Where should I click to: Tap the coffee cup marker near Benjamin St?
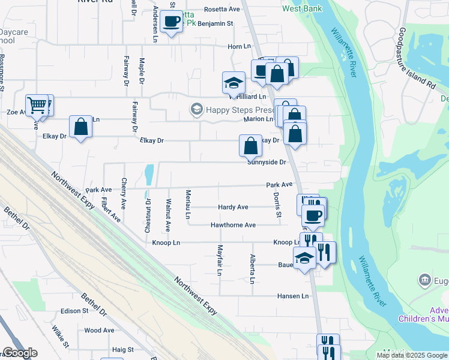coord(172,22)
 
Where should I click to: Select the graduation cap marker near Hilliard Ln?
coord(233,83)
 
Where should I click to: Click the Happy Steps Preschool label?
coord(232,109)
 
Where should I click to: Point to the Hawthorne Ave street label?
coord(233,225)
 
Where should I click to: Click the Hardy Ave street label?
coord(233,207)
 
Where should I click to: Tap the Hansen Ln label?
coord(292,296)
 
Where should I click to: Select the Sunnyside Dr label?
coord(267,162)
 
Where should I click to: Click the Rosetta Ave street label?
coord(222,9)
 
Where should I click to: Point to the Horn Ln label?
coord(239,46)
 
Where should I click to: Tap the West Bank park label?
coord(303,8)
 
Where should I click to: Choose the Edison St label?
coord(74,311)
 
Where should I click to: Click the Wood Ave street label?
coord(99,330)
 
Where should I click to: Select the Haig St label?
coord(122,349)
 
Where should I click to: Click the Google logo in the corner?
coord(20,353)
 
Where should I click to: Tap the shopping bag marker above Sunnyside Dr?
coord(250,145)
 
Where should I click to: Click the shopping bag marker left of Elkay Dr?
coord(80,127)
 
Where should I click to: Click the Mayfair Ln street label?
coord(220,260)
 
